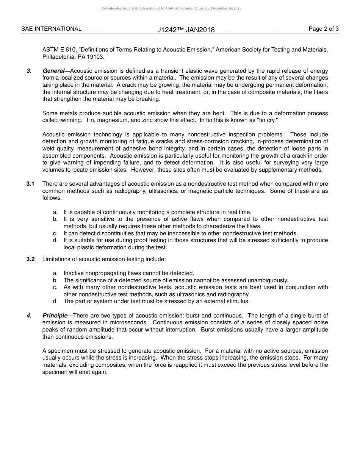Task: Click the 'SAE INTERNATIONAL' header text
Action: pyautogui.click(x=51, y=29)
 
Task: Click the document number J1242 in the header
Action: pyautogui.click(x=167, y=30)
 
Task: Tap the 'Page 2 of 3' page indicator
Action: pyautogui.click(x=324, y=29)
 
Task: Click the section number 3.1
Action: pyautogui.click(x=30, y=184)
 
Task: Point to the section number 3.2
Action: pyautogui.click(x=30, y=259)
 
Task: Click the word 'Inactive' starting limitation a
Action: pyautogui.click(x=74, y=273)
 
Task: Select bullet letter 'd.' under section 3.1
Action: pyautogui.click(x=55, y=240)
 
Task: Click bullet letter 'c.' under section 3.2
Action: pyautogui.click(x=55, y=287)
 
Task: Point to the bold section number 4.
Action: pyautogui.click(x=29, y=316)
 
